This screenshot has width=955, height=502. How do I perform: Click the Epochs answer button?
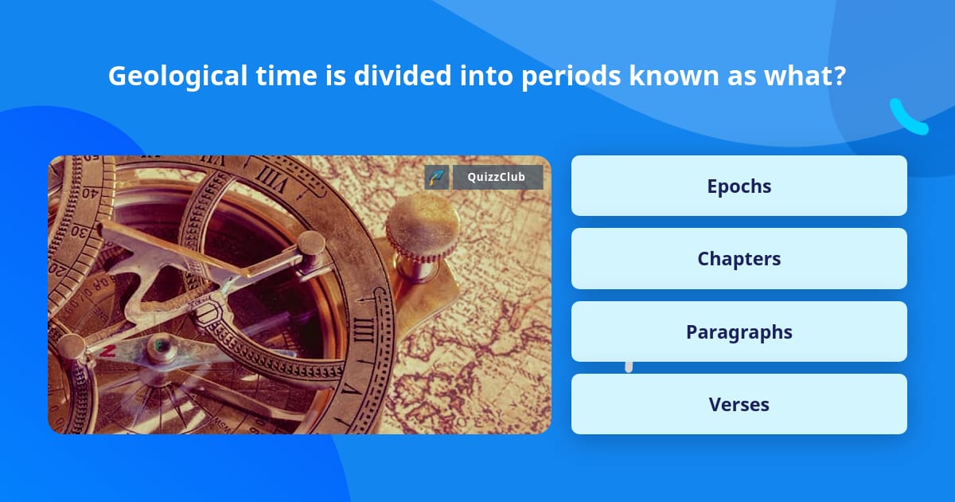739,186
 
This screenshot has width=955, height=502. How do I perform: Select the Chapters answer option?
739,259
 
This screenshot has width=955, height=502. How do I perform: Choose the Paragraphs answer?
739,331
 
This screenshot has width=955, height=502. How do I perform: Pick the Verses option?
739,405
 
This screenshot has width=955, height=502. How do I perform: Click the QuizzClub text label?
497,178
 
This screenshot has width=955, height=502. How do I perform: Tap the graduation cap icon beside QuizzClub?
436,178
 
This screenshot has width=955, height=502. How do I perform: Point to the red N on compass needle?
108,351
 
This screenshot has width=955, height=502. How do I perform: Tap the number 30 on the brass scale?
79,231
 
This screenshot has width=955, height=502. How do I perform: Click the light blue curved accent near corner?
907,118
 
